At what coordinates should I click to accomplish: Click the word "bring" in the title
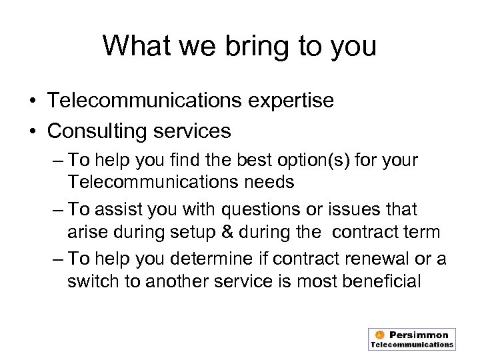(x=238, y=47)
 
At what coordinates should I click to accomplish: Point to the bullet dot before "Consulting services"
(x=33, y=131)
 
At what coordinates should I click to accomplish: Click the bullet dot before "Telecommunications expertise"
(x=33, y=101)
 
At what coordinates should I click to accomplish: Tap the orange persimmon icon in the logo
(x=379, y=335)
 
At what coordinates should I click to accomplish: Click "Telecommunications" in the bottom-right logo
(x=412, y=345)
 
